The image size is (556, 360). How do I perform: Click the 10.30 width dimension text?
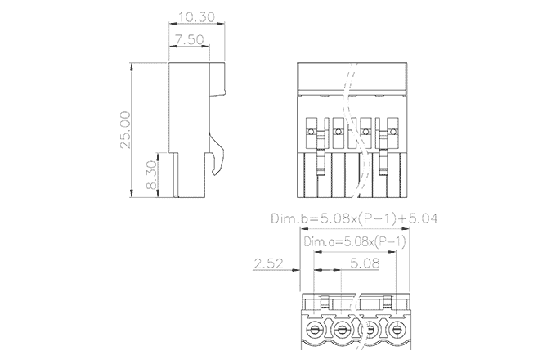click(x=197, y=17)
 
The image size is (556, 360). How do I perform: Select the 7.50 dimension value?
click(x=189, y=39)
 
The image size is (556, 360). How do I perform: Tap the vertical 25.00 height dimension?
click(x=125, y=130)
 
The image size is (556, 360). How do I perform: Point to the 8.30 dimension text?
click(x=150, y=175)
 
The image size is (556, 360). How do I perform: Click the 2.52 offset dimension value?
click(x=269, y=263)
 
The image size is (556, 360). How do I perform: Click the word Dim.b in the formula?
click(x=289, y=219)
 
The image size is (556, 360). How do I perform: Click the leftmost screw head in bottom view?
click(x=316, y=330)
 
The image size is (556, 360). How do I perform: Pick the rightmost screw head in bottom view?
click(x=398, y=330)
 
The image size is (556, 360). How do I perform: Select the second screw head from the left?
click(x=343, y=330)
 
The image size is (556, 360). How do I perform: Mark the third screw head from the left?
click(x=370, y=330)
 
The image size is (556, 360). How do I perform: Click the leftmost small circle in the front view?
click(x=311, y=131)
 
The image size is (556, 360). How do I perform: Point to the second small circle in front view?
click(x=338, y=131)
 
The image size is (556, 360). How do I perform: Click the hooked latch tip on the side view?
click(x=214, y=172)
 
